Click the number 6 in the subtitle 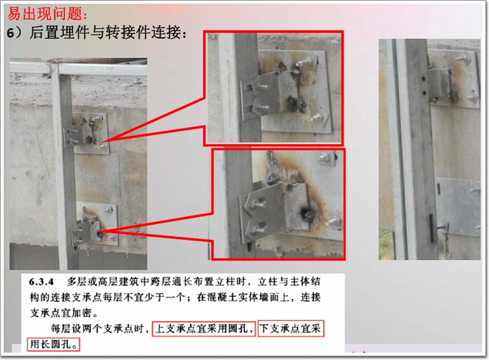click(x=10, y=33)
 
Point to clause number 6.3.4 click(x=41, y=282)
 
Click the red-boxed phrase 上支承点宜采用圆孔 click(x=204, y=328)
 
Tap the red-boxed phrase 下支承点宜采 click(x=292, y=328)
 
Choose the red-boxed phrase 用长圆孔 click(x=53, y=345)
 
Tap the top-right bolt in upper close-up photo click(x=306, y=63)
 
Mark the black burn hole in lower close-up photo click(x=306, y=213)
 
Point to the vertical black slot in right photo click(x=432, y=228)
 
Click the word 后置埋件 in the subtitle click(x=52, y=32)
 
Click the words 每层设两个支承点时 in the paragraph click(x=97, y=328)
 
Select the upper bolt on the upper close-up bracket click(x=264, y=86)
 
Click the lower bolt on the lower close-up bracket click(x=259, y=228)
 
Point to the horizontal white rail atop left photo click(x=78, y=68)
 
